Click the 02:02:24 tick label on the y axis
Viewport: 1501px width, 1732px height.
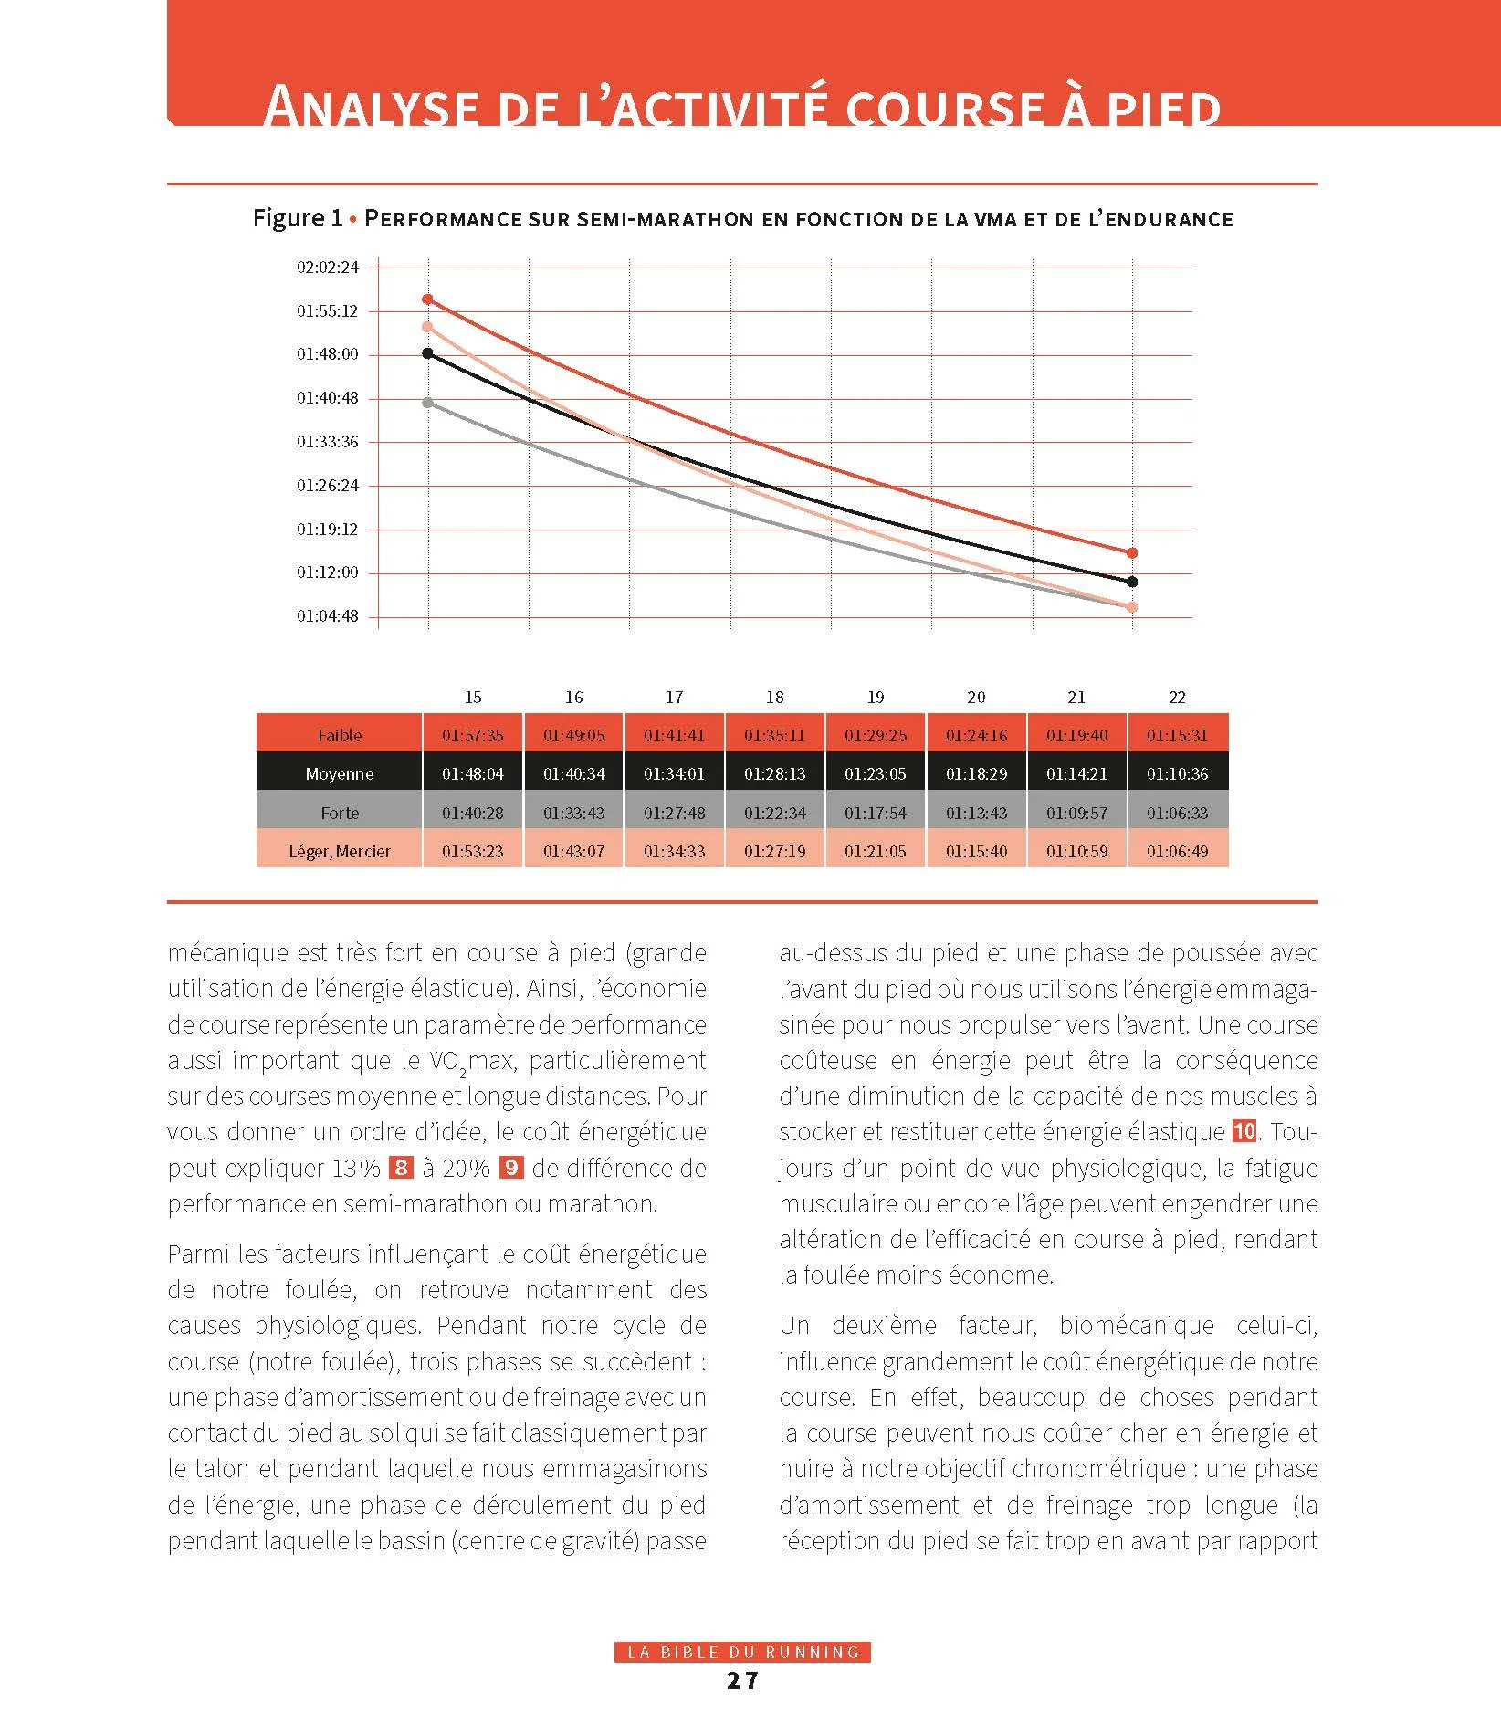[327, 268]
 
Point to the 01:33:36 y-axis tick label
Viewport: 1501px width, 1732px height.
[327, 442]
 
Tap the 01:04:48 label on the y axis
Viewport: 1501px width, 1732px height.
[327, 616]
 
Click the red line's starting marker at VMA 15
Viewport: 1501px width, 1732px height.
[427, 299]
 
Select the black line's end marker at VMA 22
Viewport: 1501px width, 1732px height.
[1132, 582]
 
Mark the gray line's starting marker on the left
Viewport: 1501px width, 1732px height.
[427, 403]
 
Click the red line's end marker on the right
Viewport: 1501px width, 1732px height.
[1132, 552]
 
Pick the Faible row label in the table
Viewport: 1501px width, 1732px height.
[340, 735]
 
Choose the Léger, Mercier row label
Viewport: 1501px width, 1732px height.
[340, 851]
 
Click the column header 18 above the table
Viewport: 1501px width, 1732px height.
[775, 698]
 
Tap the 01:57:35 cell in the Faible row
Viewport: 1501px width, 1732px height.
[473, 735]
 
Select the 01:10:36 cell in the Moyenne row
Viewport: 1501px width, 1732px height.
[1178, 773]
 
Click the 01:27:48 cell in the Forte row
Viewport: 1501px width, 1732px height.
[675, 813]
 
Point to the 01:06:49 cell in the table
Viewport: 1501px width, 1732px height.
[1178, 851]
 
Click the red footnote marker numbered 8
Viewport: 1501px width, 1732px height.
[401, 1167]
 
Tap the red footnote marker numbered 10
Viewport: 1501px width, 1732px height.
[1244, 1131]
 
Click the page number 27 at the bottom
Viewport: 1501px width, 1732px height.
[742, 1681]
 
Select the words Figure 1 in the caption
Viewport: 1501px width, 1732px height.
[298, 218]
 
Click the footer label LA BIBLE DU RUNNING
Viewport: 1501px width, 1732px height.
[742, 1652]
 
